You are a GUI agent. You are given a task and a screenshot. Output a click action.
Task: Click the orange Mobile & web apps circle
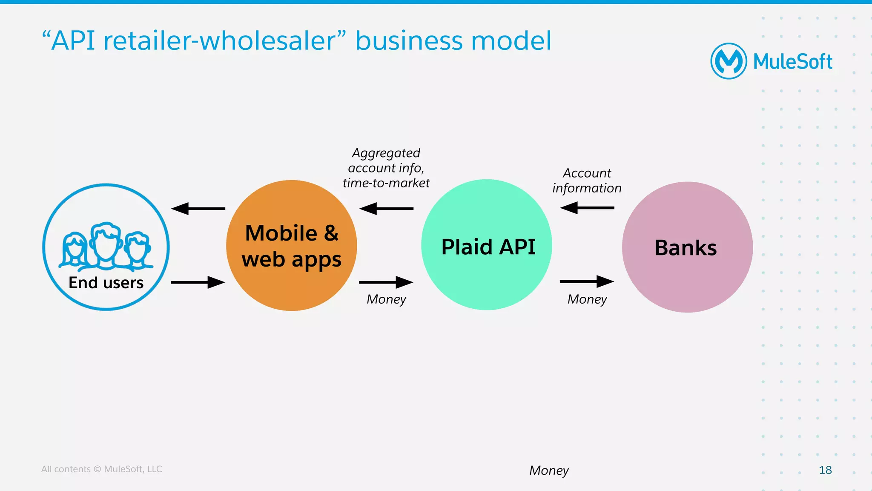click(292, 246)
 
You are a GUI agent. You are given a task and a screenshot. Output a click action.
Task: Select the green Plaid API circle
click(487, 245)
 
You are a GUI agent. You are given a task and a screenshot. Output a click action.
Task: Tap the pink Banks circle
click(687, 247)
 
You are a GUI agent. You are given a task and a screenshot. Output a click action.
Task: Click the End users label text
click(106, 283)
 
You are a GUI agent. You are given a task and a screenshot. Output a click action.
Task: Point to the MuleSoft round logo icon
click(729, 61)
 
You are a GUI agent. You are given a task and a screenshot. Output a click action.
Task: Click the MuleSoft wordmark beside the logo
click(792, 62)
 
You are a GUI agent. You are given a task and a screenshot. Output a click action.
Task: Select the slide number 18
click(825, 470)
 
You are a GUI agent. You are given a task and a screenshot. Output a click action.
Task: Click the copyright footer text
click(101, 469)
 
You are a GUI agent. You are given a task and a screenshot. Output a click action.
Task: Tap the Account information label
click(587, 181)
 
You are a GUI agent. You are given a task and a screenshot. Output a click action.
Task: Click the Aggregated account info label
click(386, 168)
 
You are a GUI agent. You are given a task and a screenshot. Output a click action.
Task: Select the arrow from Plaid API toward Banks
click(587, 281)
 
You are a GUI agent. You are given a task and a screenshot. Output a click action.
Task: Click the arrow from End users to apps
click(198, 282)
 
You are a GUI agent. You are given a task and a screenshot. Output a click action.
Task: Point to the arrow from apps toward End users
click(198, 209)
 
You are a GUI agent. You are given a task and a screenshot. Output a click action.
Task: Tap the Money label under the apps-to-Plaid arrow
click(386, 299)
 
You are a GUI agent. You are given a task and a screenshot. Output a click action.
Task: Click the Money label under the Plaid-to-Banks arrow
click(587, 299)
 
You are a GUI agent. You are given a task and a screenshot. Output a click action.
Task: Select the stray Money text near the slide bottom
click(549, 471)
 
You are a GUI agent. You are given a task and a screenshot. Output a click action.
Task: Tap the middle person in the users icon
click(106, 244)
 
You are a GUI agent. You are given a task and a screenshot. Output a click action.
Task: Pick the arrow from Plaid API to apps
click(386, 209)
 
